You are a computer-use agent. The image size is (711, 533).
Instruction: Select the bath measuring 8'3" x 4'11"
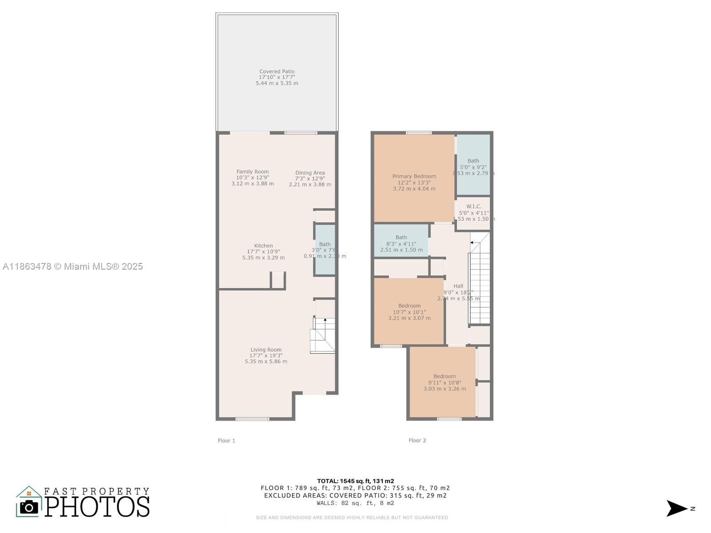(x=401, y=243)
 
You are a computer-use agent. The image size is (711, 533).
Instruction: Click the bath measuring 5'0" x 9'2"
(x=473, y=167)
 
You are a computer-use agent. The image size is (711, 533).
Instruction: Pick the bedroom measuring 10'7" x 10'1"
(x=409, y=312)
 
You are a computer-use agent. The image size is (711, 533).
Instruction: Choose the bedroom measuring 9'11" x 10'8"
(x=444, y=382)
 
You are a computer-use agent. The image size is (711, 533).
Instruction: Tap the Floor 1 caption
(x=226, y=441)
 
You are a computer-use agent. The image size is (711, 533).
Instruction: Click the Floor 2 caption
(x=417, y=441)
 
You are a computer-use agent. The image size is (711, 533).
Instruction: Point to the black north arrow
(x=676, y=509)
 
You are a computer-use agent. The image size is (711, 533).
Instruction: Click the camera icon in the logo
(x=29, y=507)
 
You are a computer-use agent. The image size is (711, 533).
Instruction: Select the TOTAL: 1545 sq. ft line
(x=355, y=481)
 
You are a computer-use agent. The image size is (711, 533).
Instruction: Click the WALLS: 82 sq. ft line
(x=355, y=503)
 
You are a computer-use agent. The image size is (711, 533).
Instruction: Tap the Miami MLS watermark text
(x=73, y=266)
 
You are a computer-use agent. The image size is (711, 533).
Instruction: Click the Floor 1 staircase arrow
(x=325, y=320)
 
